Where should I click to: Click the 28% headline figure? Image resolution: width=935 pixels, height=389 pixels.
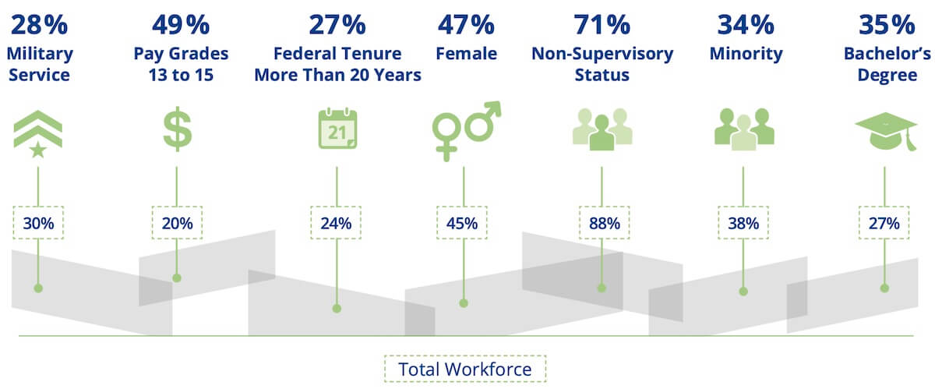tap(39, 25)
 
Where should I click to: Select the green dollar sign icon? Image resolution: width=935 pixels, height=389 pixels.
tap(178, 129)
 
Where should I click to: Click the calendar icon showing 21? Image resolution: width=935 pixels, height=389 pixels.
tap(337, 129)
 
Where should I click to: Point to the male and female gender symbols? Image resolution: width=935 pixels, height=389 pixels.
tap(466, 131)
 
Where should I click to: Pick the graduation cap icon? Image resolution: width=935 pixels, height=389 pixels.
tap(886, 131)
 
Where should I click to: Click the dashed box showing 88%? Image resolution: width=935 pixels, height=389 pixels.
tap(604, 223)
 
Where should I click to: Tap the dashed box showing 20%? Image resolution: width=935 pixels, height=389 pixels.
tap(177, 223)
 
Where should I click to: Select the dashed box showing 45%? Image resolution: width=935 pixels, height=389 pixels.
tap(461, 223)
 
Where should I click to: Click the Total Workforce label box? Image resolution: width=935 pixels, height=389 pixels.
tap(465, 369)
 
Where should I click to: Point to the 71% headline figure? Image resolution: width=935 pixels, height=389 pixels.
tap(602, 25)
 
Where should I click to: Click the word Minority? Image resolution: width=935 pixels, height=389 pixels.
tap(746, 54)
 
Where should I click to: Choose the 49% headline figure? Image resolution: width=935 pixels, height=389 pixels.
tap(181, 25)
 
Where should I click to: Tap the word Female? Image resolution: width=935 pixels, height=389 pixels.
tap(466, 54)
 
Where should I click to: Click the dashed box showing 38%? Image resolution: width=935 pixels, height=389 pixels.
tap(743, 223)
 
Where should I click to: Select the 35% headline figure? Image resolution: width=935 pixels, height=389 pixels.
tap(887, 25)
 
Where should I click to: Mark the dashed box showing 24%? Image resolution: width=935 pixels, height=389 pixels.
tap(336, 223)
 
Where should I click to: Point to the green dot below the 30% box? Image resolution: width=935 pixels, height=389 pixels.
tap(38, 288)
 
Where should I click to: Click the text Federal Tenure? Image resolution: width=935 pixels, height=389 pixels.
tap(337, 54)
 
